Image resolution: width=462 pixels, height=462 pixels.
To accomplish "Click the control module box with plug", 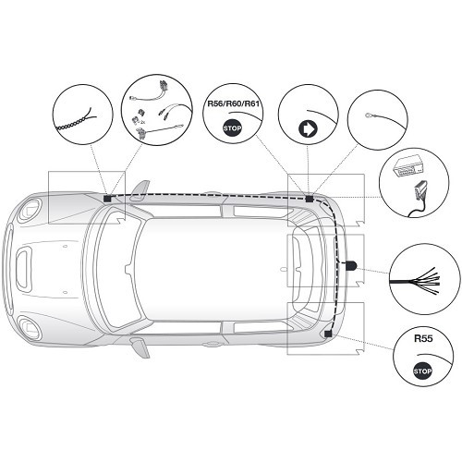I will (413, 183).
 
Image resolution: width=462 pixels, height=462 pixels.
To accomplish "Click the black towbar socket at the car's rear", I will (352, 265).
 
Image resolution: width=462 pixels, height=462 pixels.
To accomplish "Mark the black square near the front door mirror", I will (107, 197).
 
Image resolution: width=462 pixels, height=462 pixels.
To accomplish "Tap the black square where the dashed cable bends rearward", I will (310, 198).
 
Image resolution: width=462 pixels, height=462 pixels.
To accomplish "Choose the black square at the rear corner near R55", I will (330, 334).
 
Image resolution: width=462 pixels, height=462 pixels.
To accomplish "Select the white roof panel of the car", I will (208, 268).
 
